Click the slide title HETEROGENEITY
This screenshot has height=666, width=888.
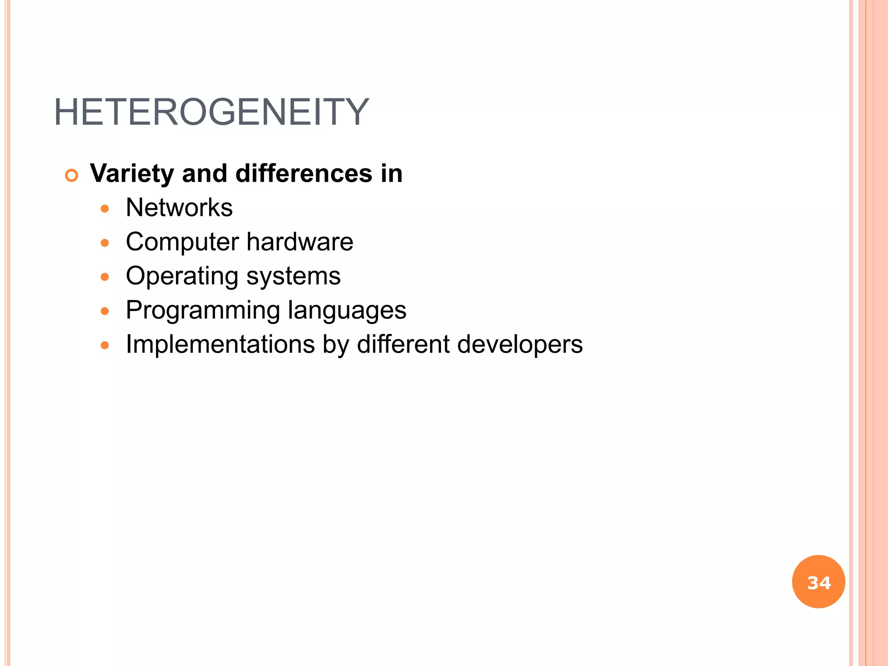click(211, 112)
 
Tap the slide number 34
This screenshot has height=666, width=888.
click(819, 582)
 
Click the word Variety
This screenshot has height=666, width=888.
click(132, 174)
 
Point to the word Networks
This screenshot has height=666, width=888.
click(179, 208)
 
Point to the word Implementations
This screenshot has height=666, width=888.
click(220, 345)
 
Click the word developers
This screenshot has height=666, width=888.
click(520, 345)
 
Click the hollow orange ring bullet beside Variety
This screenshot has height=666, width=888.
click(72, 176)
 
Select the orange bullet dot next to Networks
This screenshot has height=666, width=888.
click(104, 209)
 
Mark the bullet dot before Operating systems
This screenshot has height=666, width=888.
click(104, 277)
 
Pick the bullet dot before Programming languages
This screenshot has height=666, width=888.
click(104, 311)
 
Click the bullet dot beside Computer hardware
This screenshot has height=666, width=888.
click(104, 243)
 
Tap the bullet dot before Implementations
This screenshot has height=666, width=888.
click(104, 346)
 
